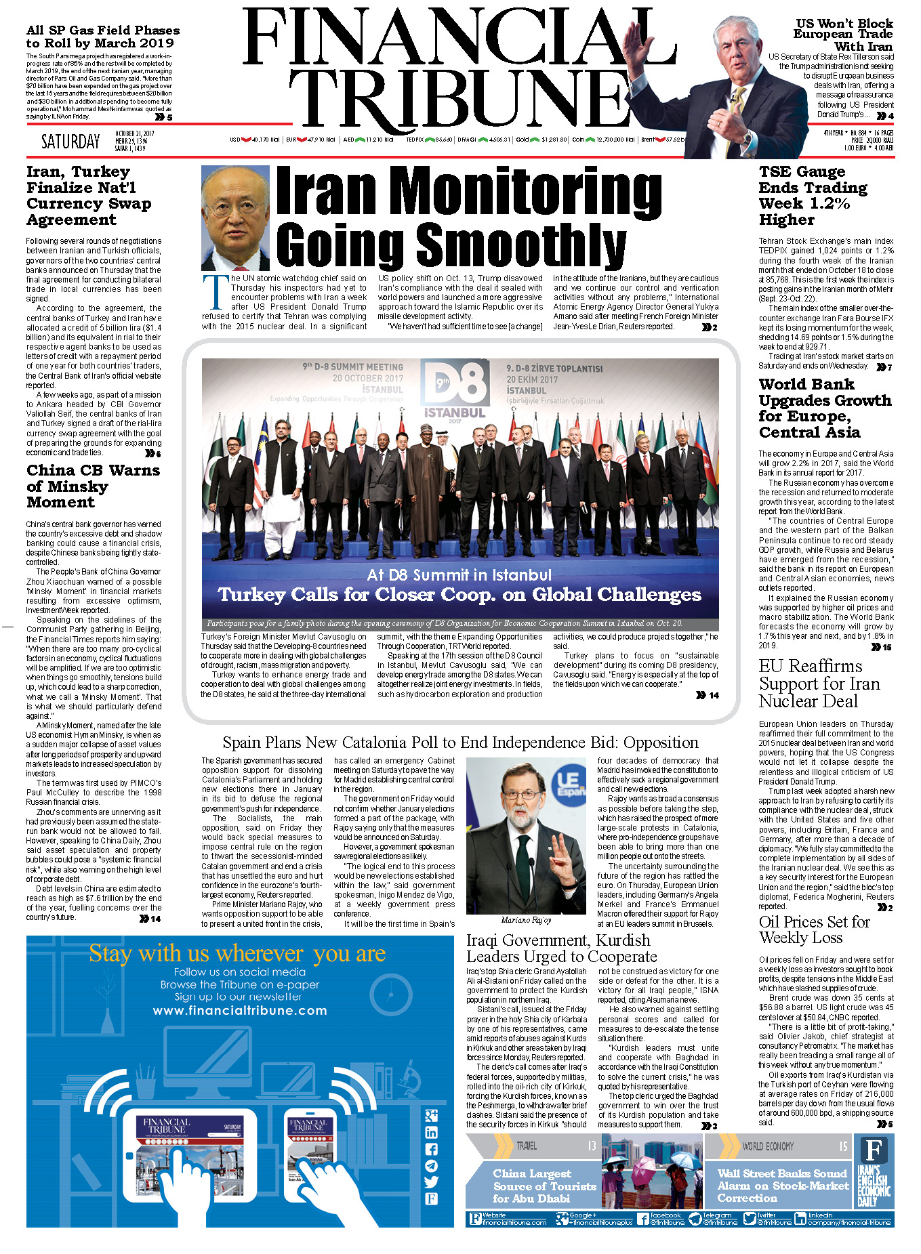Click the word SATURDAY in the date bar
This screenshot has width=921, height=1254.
pos(70,142)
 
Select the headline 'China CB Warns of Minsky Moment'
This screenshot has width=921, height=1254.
pos(93,486)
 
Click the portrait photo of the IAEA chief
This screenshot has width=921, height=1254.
pos(235,217)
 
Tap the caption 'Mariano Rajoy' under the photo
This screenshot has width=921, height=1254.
pos(526,919)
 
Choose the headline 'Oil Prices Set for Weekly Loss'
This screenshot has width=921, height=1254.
pos(814,929)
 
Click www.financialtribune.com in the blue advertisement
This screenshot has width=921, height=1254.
pos(240,1010)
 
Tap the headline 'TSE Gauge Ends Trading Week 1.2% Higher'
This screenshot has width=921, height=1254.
pos(813,195)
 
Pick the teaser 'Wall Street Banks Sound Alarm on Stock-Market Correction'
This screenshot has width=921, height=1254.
pos(783,1186)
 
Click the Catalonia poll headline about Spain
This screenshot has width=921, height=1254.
pos(460,743)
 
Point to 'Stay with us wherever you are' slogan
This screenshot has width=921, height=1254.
pos(237,954)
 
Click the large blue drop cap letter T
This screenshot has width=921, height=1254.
pos(216,292)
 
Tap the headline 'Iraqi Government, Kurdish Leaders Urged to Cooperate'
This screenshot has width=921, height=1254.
pos(561,948)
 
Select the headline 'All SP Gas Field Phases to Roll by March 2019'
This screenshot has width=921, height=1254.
pos(103,37)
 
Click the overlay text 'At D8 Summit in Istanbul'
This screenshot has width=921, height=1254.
pos(459,575)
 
